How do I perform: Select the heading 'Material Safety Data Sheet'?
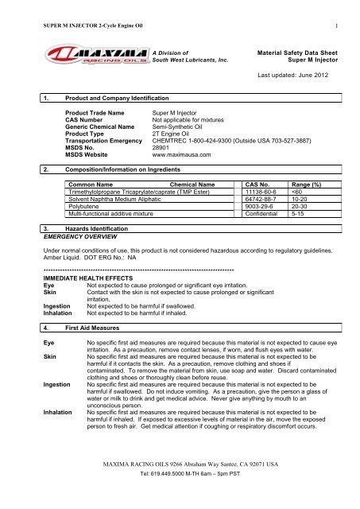pos(300,49)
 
